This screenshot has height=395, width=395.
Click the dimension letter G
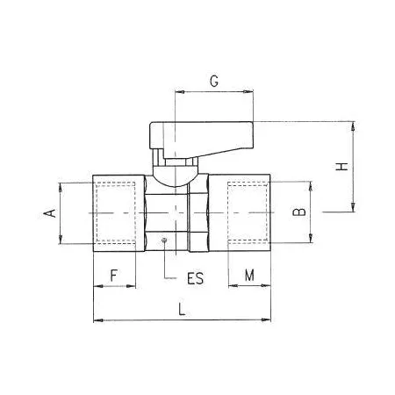coord(214,81)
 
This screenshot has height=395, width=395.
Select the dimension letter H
coord(341,166)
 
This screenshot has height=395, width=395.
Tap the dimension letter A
coord(50,213)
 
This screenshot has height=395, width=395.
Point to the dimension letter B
coord(299,212)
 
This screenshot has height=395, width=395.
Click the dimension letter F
coord(114,276)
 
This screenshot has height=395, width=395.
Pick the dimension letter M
coord(249,275)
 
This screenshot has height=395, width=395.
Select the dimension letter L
coord(182,309)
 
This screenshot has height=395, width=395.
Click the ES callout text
coord(195,278)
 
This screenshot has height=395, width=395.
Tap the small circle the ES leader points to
coord(164,241)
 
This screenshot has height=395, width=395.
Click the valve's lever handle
coord(201,138)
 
